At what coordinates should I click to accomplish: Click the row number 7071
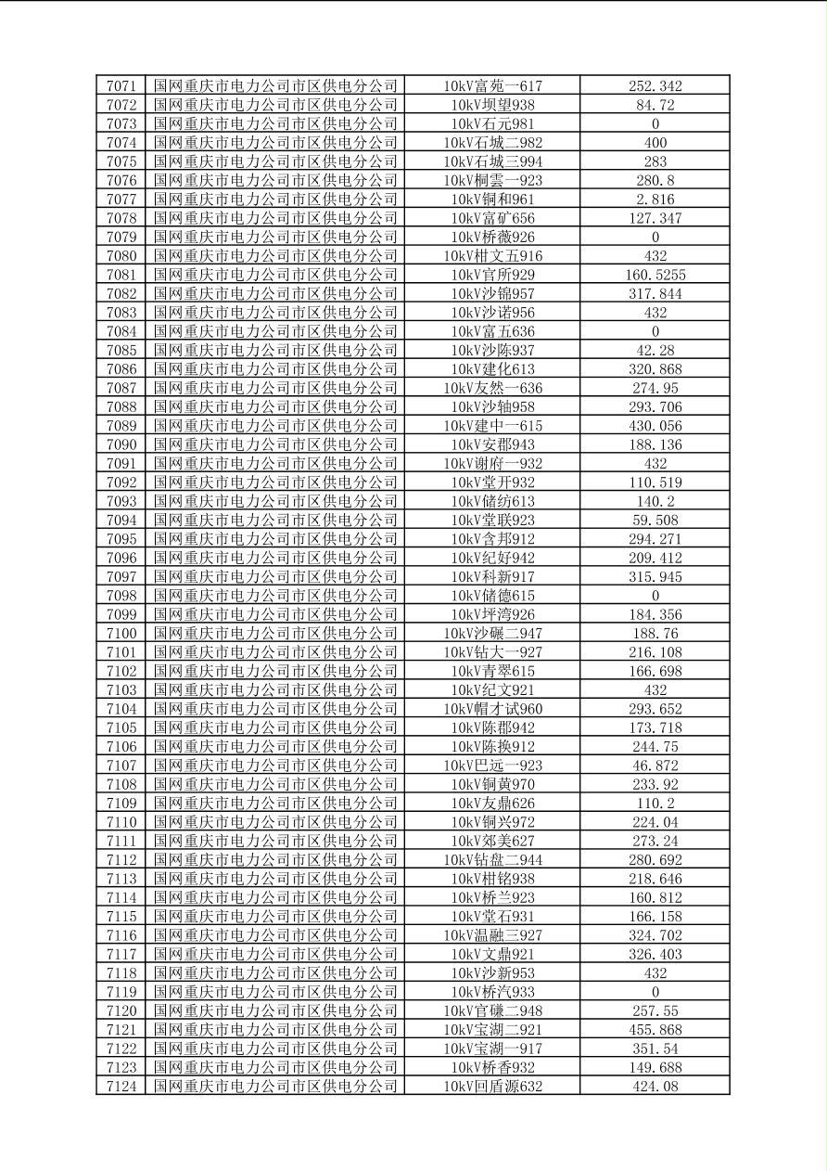click(121, 86)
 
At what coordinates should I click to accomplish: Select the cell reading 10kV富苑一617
click(492, 86)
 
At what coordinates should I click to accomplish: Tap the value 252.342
click(655, 86)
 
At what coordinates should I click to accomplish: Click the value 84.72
click(655, 105)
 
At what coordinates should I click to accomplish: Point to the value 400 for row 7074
click(655, 143)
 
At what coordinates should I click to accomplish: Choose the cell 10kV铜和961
click(492, 199)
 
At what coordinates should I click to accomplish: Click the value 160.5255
click(655, 275)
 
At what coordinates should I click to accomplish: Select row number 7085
click(121, 350)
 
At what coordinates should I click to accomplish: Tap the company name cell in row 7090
click(275, 444)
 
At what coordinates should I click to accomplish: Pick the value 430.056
click(655, 426)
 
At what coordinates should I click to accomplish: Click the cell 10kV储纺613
click(492, 501)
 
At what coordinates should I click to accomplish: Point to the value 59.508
click(655, 520)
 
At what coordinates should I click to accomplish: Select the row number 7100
click(121, 633)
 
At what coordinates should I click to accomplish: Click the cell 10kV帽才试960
click(492, 709)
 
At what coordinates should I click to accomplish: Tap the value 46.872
click(655, 766)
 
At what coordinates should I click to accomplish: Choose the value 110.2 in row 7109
click(655, 803)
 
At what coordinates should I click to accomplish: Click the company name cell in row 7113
click(275, 879)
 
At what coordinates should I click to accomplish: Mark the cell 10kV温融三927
click(492, 935)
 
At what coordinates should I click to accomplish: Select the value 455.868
click(655, 1029)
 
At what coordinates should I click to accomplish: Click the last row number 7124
click(121, 1086)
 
